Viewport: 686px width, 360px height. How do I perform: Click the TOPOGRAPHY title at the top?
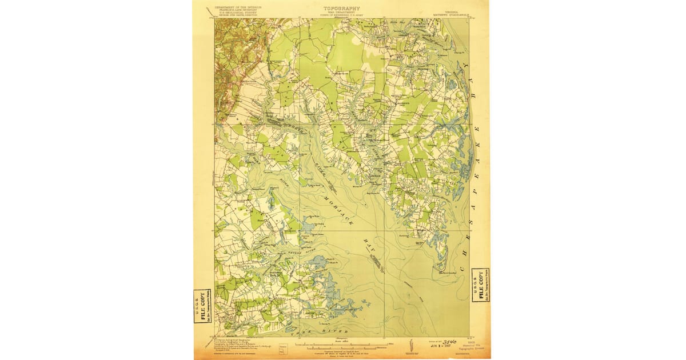pyautogui.click(x=342, y=8)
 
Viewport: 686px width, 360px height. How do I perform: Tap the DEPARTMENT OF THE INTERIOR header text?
pyautogui.click(x=238, y=7)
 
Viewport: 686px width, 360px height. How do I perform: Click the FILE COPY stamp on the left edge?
pyautogui.click(x=201, y=307)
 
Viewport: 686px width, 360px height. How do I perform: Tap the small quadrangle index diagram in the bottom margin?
pyautogui.click(x=282, y=347)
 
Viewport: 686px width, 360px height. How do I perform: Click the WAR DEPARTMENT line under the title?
pyautogui.click(x=342, y=12)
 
